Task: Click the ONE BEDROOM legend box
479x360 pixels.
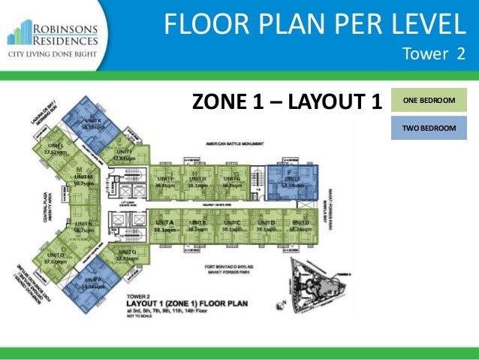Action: coord(429,99)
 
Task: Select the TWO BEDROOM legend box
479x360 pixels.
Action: coord(429,129)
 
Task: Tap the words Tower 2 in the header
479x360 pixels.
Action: coord(434,53)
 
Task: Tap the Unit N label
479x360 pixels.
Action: coord(83,227)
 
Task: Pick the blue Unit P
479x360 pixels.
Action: coord(94,284)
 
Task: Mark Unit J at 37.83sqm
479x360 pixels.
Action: coord(124,156)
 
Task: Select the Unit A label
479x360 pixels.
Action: coord(165,227)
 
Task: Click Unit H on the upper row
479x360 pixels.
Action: coord(198,181)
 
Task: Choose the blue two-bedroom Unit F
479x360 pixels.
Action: coord(288,181)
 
